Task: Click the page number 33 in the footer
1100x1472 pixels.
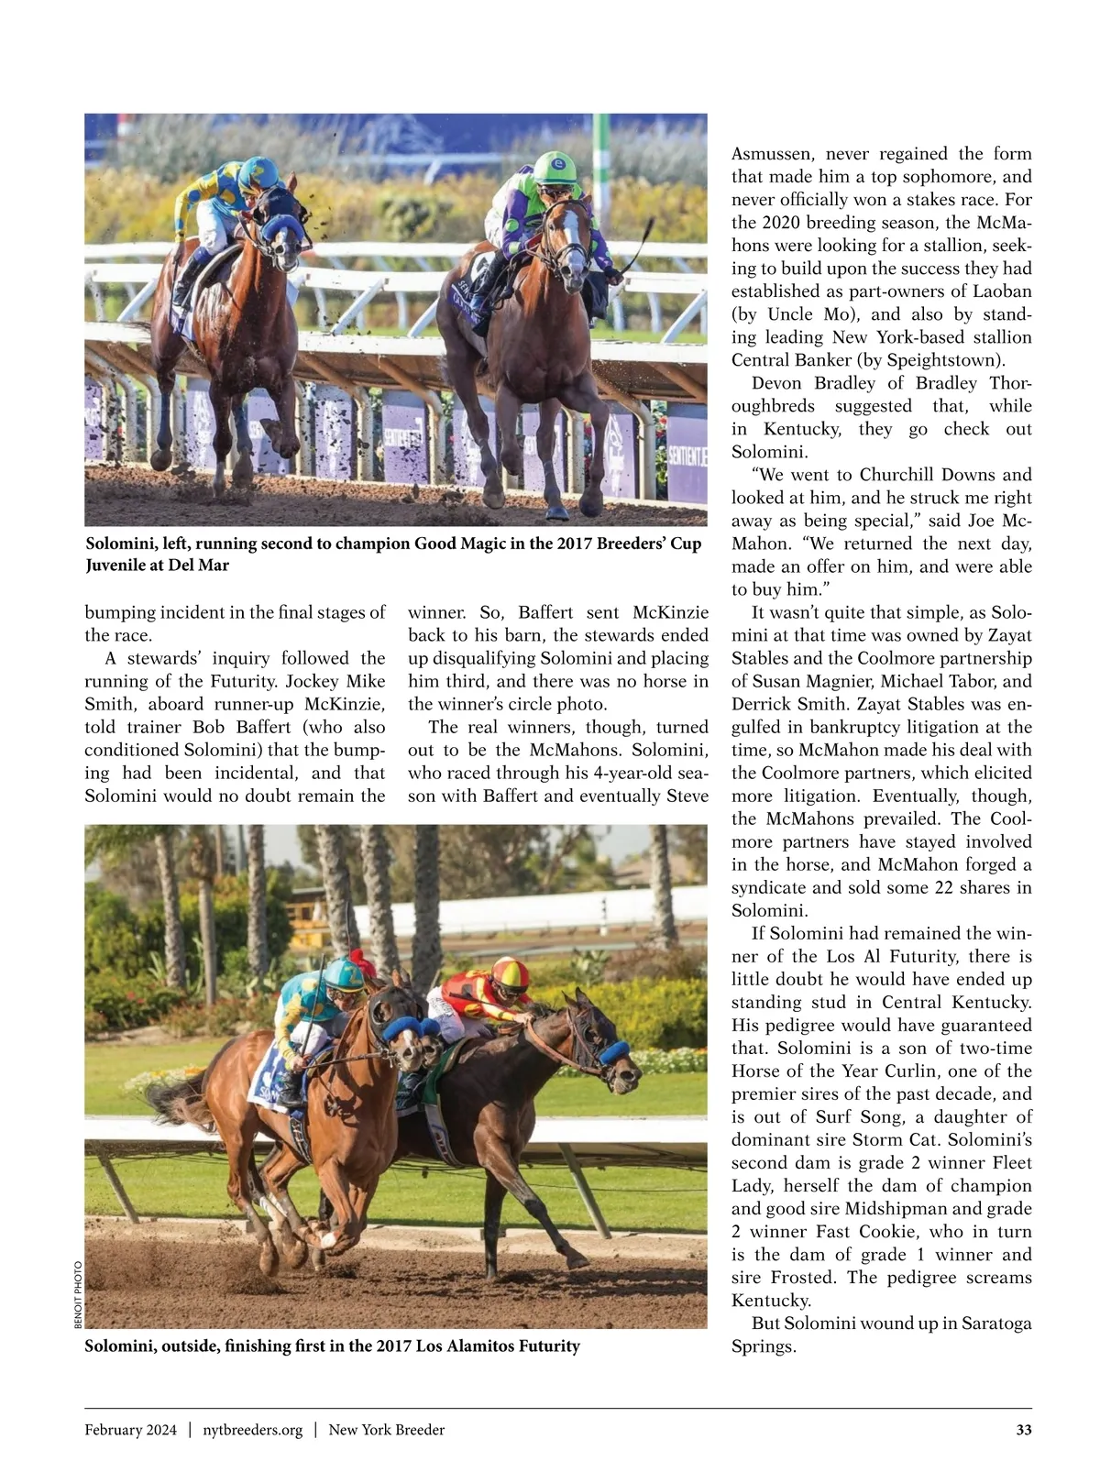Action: (1024, 1430)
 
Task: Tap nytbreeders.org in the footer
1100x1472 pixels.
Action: (252, 1430)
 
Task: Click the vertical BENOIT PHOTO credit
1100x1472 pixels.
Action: (78, 1295)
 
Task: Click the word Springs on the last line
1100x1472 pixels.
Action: (764, 1346)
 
